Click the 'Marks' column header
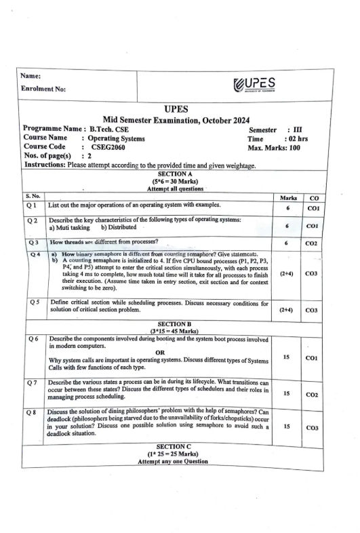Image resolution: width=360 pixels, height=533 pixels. tap(289, 197)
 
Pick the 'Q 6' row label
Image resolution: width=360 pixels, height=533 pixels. tap(33, 338)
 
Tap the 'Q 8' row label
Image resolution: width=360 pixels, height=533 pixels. tap(33, 412)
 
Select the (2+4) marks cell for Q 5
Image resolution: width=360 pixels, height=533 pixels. tap(287, 310)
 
